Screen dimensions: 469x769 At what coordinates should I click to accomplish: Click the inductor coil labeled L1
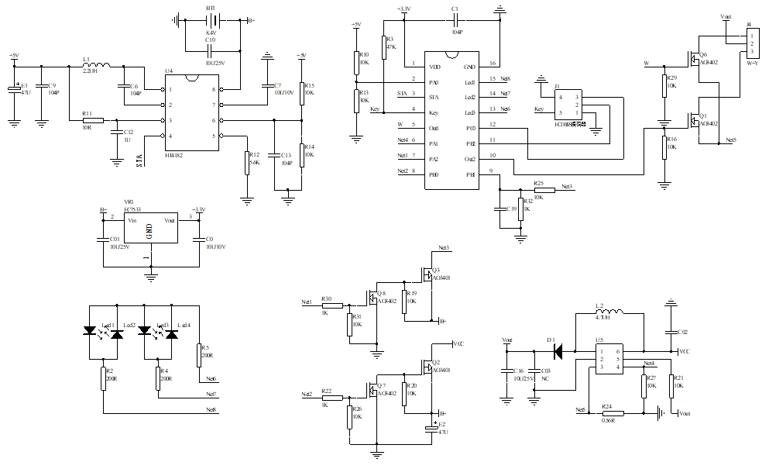pyautogui.click(x=98, y=65)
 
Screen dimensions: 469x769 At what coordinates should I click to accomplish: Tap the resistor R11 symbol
pyautogui.click(x=94, y=120)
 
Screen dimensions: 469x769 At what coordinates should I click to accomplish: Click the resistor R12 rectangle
pyautogui.click(x=247, y=163)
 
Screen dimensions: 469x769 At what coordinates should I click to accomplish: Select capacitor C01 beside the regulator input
pyautogui.click(x=102, y=240)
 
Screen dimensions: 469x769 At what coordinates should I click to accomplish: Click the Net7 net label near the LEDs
pyautogui.click(x=211, y=395)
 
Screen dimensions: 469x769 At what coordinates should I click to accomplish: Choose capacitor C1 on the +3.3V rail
pyautogui.click(x=455, y=20)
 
